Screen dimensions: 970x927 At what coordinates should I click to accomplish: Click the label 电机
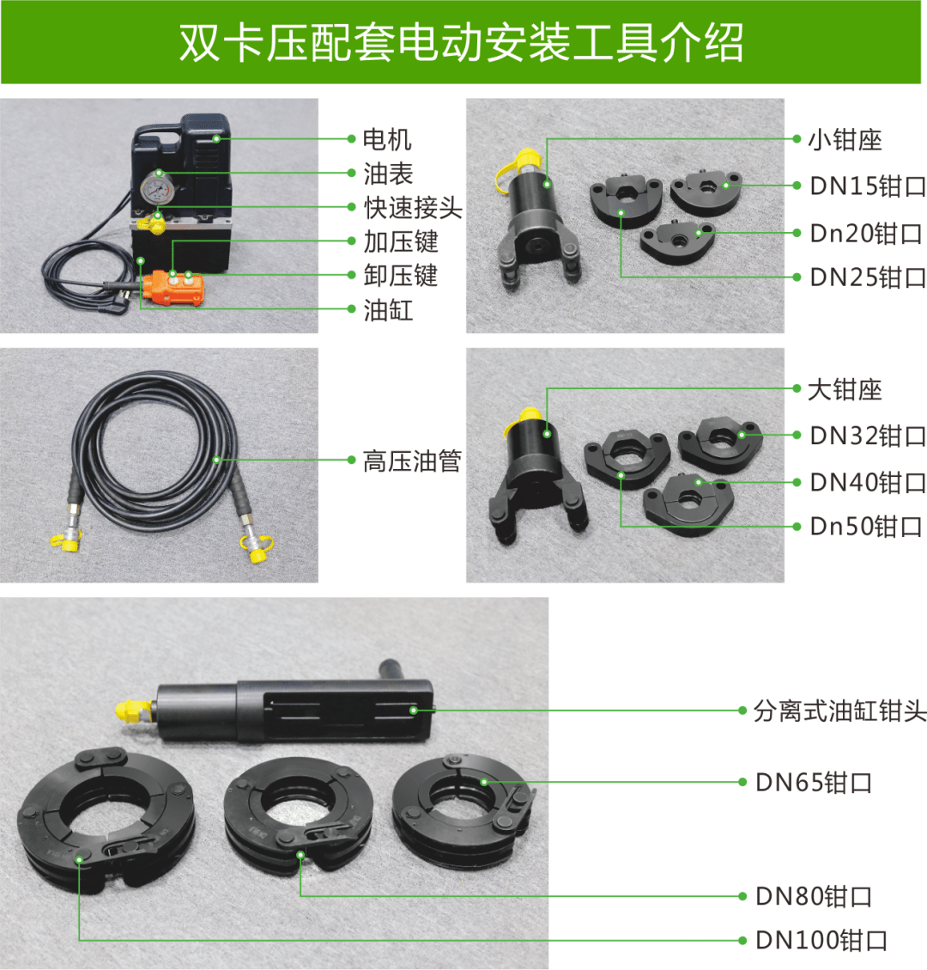387,139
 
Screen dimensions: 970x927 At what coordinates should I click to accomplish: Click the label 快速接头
412,208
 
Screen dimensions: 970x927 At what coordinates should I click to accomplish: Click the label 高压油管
411,461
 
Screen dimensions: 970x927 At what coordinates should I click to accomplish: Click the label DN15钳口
867,186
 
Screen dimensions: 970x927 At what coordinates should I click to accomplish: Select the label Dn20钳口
866,233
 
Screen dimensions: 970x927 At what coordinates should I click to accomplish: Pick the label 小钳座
845,140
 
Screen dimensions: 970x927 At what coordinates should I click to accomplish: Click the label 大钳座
845,389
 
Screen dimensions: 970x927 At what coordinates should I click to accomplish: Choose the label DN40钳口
867,482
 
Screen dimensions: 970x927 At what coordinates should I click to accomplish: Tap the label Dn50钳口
866,526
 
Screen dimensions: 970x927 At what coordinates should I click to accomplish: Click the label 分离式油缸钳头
839,711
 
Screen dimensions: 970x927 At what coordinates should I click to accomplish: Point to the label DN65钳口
814,783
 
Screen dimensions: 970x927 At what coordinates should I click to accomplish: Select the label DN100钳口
821,941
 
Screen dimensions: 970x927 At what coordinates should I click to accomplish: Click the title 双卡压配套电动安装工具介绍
461,43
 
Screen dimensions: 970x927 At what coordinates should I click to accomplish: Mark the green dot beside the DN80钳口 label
742,896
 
